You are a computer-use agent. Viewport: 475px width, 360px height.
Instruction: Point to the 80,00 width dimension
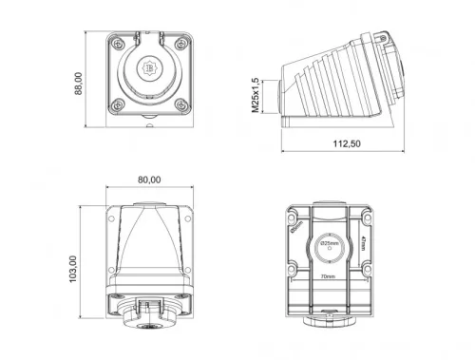click(x=149, y=180)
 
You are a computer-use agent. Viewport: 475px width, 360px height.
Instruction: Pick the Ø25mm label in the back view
click(x=330, y=244)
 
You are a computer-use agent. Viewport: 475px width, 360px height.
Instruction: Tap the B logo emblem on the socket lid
click(x=149, y=70)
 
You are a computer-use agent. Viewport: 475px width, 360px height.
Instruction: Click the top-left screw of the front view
click(x=116, y=43)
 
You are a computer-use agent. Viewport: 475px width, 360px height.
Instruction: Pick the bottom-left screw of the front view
click(x=116, y=105)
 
